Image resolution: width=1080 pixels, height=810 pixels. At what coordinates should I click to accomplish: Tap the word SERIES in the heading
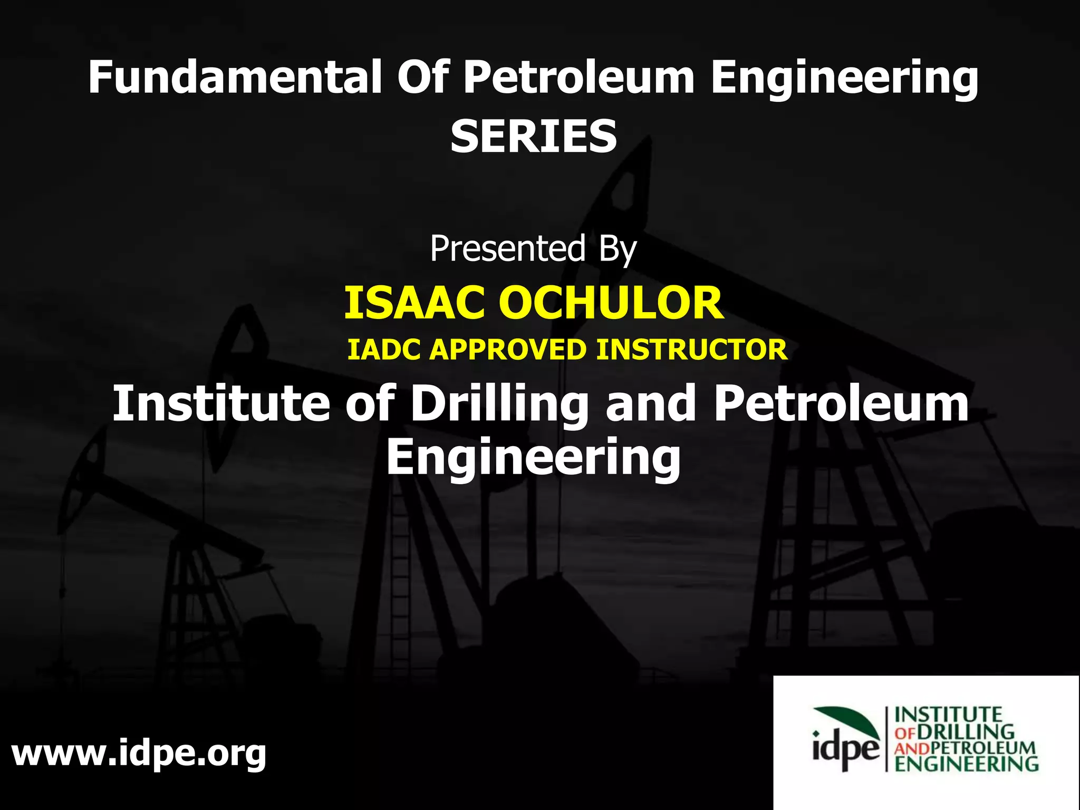coord(534,136)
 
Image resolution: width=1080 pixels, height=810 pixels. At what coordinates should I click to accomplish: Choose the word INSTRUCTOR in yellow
coord(691,350)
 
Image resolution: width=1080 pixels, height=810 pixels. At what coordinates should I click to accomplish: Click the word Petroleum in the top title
coord(578,78)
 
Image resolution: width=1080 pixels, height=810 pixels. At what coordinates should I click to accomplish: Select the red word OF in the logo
coord(905,732)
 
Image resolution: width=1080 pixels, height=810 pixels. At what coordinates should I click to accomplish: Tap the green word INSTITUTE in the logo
coord(948,715)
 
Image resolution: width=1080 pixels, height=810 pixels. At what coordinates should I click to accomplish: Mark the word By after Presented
coord(618,249)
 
